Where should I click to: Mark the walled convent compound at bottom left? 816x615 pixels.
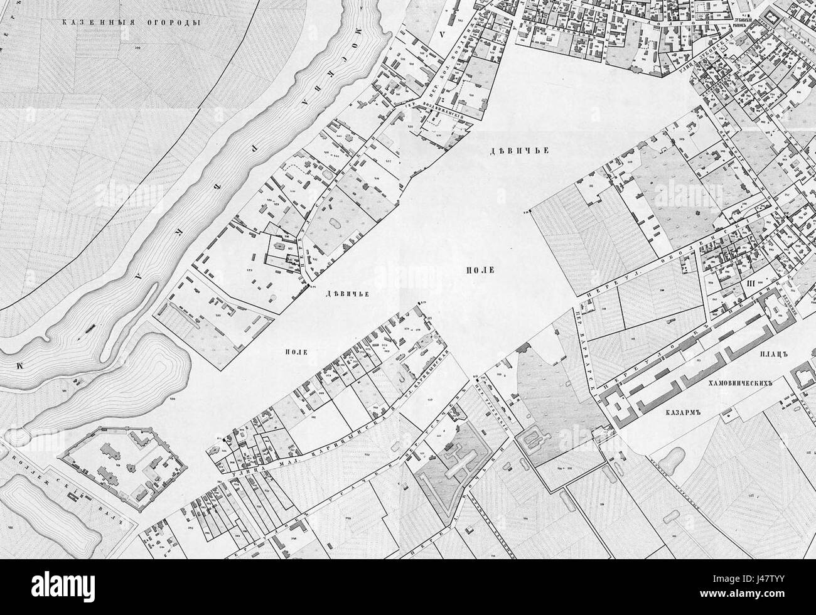126,464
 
